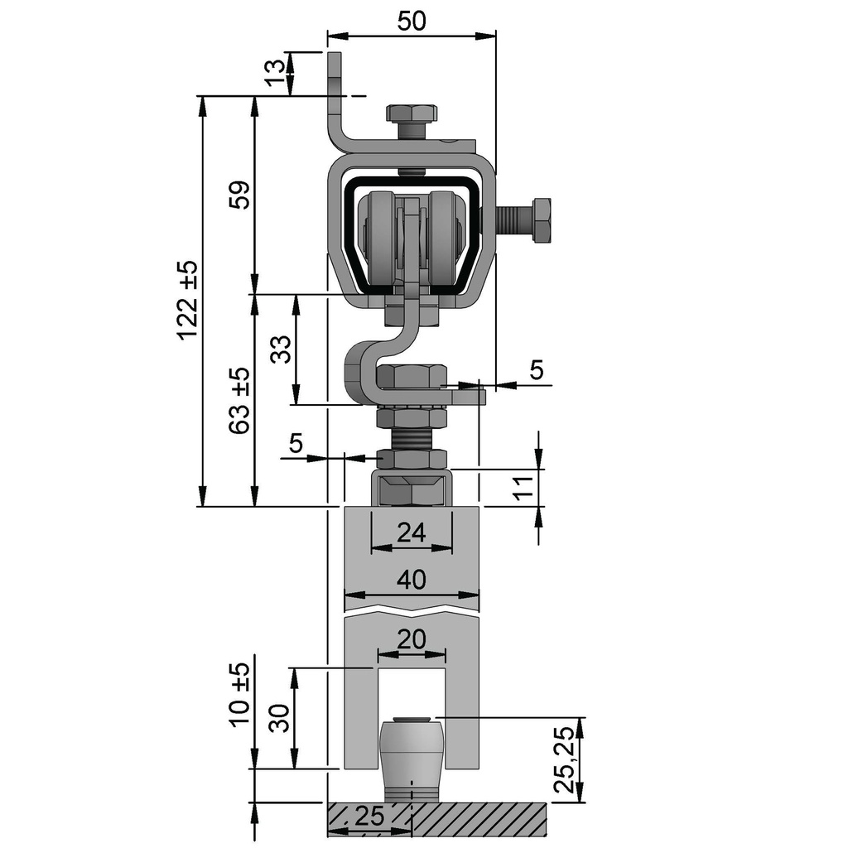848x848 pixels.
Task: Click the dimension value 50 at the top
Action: coord(412,22)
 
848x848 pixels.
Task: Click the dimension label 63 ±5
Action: coord(239,401)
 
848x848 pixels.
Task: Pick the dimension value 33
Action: coord(282,349)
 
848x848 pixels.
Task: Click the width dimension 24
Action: coord(412,532)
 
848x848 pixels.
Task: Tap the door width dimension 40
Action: coord(412,580)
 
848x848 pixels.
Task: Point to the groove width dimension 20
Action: coord(412,640)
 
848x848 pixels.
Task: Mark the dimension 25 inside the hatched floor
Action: coord(370,817)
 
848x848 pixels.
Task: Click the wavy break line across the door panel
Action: coord(412,614)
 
